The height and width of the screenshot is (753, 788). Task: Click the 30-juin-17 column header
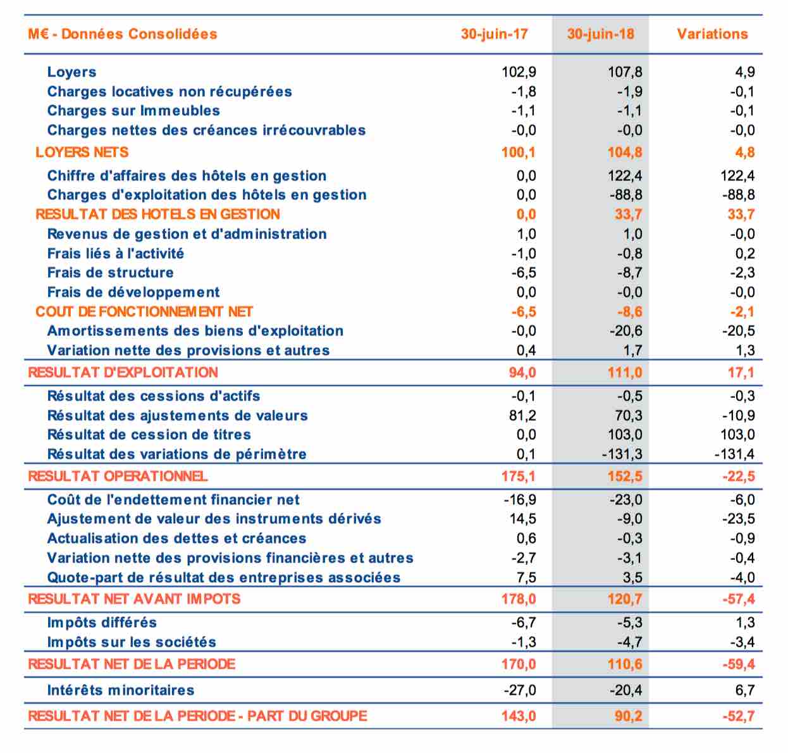(494, 34)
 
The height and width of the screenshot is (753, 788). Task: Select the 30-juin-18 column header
(601, 34)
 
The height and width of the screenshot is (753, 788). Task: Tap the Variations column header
(712, 34)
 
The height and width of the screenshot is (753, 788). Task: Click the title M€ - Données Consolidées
(122, 34)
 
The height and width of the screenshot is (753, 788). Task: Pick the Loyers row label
(71, 72)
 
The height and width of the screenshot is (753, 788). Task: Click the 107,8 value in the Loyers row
(625, 72)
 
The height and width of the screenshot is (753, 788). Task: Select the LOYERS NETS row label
(82, 152)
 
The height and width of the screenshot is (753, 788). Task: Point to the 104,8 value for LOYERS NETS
(625, 152)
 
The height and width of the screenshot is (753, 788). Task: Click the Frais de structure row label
(110, 273)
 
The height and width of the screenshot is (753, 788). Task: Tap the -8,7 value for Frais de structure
(630, 273)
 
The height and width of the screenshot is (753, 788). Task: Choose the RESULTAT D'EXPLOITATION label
(123, 372)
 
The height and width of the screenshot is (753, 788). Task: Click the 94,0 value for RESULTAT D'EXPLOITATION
(522, 372)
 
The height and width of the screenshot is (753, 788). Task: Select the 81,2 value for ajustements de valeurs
(522, 415)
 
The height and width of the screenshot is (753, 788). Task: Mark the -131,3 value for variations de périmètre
(622, 454)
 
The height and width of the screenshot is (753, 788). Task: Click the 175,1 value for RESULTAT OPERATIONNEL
(519, 476)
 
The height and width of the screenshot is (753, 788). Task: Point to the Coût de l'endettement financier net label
(173, 499)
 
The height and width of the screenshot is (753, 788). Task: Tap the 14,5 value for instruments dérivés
(522, 519)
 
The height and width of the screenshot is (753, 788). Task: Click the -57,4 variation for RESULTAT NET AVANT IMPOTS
(739, 599)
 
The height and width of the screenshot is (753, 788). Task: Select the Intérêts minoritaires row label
(121, 690)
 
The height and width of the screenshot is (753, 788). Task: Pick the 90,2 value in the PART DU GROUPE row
(629, 716)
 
